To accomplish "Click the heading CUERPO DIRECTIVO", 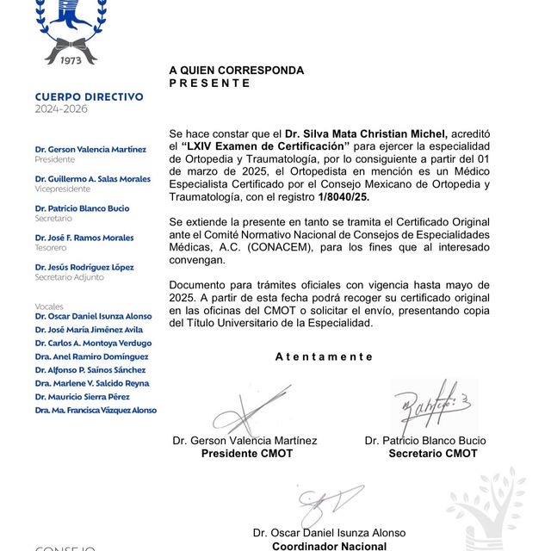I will point(89,97).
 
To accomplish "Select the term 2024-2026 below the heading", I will point(61,109).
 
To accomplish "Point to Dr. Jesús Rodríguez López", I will point(84,267).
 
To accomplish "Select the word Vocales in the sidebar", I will point(49,306).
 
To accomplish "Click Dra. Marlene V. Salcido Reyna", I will point(91,383).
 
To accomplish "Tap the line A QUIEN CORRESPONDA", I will point(236,71).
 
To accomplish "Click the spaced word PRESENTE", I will point(209,84).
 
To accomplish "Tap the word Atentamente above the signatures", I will point(324,356).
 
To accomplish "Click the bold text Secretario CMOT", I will point(432,453).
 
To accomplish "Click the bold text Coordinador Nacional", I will point(329,545).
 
